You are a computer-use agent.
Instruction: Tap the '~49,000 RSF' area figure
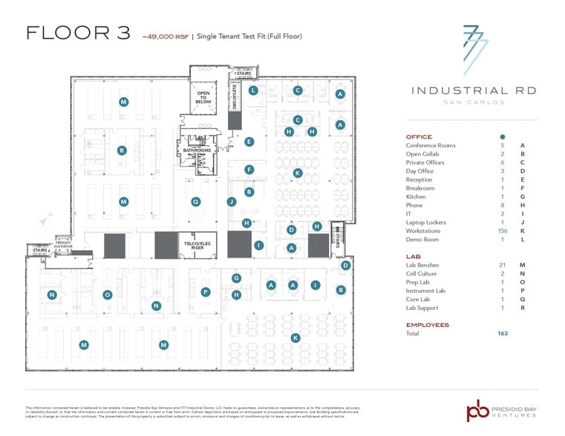(x=165, y=36)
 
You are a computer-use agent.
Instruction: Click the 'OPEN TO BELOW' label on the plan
(x=203, y=97)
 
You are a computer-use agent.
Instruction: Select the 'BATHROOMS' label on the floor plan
(x=197, y=150)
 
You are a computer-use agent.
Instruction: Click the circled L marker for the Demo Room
(x=253, y=90)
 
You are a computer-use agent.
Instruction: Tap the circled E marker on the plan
(x=249, y=142)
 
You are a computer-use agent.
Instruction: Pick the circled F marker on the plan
(x=249, y=169)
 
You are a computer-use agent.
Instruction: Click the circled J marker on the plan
(x=231, y=202)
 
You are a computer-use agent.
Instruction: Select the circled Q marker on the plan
(x=196, y=202)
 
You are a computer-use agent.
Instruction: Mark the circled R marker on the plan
(x=121, y=151)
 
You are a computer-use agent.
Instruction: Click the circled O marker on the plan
(x=108, y=294)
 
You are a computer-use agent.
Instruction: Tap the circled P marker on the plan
(x=206, y=292)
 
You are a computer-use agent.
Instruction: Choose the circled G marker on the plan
(x=236, y=278)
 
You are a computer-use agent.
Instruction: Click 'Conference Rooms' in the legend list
(x=431, y=145)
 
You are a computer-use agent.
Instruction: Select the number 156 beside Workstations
(x=502, y=231)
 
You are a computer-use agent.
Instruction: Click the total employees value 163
(x=503, y=334)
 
